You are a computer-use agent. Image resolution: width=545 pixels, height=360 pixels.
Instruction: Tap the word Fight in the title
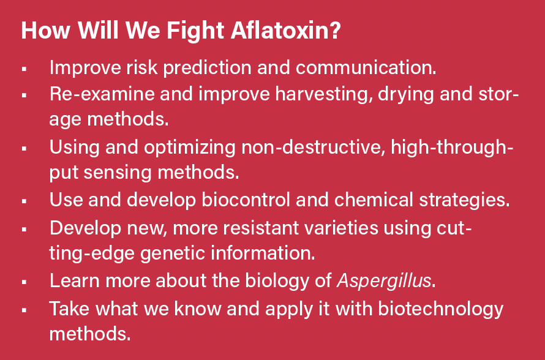[195, 31]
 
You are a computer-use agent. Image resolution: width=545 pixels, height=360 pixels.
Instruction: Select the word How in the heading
[45, 30]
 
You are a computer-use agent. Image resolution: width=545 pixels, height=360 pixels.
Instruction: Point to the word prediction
[207, 67]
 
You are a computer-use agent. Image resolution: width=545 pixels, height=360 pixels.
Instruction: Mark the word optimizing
[190, 148]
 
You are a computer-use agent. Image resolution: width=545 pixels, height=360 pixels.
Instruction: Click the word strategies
[464, 200]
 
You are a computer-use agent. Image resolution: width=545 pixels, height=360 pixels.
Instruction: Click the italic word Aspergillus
[384, 281]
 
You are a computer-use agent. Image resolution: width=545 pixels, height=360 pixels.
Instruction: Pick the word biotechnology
[440, 309]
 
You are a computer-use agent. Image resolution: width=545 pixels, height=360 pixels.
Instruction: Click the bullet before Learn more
[24, 282]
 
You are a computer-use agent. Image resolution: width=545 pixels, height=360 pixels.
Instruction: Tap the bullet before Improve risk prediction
[24, 69]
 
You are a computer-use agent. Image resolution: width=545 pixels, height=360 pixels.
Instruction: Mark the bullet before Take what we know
[24, 310]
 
